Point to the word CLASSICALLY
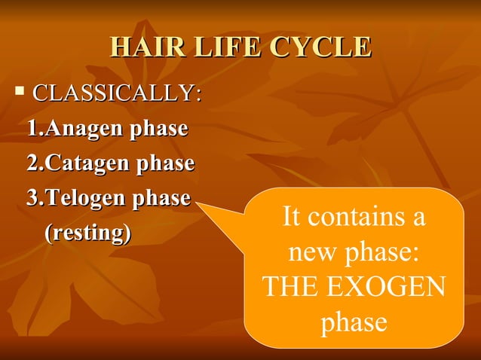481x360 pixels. pyautogui.click(x=117, y=95)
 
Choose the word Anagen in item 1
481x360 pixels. pyautogui.click(x=84, y=129)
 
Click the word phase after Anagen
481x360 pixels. pyautogui.click(x=158, y=129)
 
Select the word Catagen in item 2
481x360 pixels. pyautogui.click(x=88, y=163)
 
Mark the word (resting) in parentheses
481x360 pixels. pyautogui.click(x=87, y=233)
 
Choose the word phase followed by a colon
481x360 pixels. pyautogui.click(x=384, y=254)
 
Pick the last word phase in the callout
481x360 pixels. pyautogui.click(x=354, y=322)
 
